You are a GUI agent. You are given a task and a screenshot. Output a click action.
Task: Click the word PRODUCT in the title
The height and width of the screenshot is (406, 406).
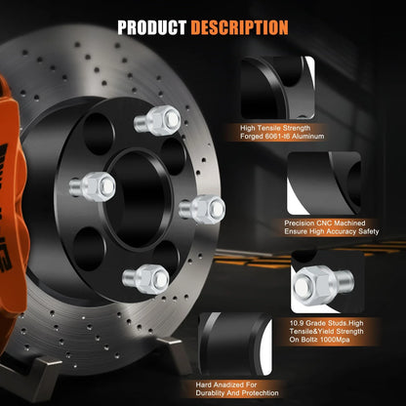[151, 27]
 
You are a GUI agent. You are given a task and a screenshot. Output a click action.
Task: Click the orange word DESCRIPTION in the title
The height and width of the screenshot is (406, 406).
[239, 27]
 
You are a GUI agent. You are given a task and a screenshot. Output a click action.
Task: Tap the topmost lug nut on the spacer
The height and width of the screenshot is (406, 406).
[157, 120]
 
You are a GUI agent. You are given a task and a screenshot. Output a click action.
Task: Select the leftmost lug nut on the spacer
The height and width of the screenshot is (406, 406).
[93, 186]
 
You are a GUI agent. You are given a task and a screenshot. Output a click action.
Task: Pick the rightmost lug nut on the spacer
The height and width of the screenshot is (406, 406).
[202, 209]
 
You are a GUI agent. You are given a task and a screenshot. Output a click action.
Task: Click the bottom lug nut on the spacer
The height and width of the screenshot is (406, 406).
[145, 279]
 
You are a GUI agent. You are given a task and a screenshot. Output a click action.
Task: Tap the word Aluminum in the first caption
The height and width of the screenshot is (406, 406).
[307, 137]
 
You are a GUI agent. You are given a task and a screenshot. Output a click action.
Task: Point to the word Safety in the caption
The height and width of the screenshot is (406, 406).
[368, 231]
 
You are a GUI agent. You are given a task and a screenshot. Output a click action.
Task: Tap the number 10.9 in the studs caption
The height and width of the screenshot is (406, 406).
[296, 323]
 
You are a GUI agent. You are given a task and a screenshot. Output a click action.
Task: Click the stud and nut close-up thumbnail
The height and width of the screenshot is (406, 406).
[328, 282]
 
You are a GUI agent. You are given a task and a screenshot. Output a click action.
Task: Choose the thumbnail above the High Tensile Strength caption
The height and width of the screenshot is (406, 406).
[278, 88]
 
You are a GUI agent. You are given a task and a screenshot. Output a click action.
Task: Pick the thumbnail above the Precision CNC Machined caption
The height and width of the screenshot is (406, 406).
[324, 183]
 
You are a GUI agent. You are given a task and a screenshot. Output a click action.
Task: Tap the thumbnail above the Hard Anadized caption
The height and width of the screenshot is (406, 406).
[235, 344]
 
